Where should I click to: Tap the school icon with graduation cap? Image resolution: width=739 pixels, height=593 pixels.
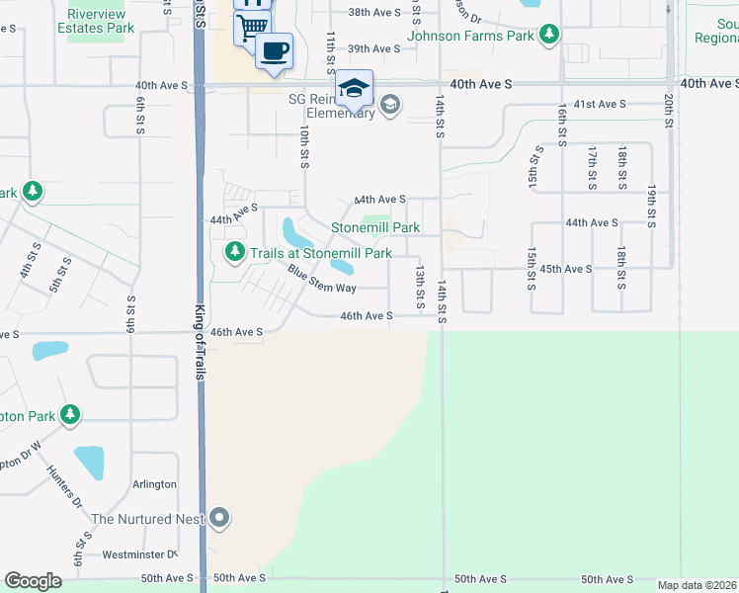(x=354, y=89)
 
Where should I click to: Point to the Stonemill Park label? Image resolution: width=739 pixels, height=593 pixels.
(x=375, y=227)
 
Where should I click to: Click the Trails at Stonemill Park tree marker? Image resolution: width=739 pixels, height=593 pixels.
(x=234, y=253)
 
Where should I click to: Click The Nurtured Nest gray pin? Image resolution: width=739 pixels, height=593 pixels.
(x=219, y=518)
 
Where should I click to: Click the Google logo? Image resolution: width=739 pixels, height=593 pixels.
(x=33, y=581)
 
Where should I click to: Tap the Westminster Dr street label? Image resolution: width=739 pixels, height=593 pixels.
(x=137, y=554)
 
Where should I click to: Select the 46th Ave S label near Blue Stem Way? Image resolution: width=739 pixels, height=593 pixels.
(x=367, y=316)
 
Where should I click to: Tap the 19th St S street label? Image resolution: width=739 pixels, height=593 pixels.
(x=652, y=205)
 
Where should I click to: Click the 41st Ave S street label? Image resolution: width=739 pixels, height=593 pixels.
(x=601, y=104)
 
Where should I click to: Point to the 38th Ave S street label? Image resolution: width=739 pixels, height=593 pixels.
(x=374, y=12)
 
